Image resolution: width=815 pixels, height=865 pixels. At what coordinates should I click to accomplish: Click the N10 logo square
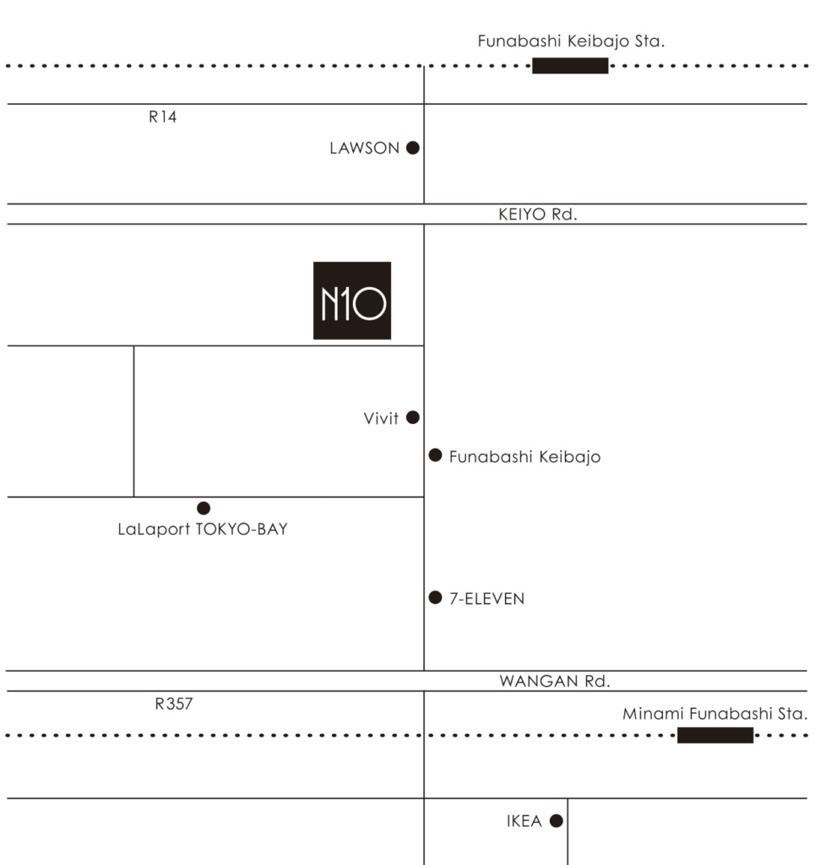coord(352,300)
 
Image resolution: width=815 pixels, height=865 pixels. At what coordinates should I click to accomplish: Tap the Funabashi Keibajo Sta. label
coord(571,41)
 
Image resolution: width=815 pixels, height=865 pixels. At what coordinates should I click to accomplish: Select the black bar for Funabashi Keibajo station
coord(570,66)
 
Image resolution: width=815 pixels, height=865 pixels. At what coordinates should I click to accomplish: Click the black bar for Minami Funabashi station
coord(715,736)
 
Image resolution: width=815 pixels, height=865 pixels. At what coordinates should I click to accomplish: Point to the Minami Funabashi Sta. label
coord(714,713)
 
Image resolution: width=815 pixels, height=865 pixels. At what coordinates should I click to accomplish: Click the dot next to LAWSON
coord(412,148)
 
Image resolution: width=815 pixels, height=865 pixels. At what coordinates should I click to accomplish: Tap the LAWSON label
coord(364,148)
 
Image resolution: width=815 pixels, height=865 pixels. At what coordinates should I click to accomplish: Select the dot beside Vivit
coord(412,417)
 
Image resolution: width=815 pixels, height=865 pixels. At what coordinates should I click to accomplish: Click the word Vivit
coord(381,418)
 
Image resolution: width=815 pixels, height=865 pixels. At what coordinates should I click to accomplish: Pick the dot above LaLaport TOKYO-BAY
coord(204,508)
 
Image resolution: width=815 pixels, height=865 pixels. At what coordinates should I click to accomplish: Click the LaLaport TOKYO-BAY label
coord(203,529)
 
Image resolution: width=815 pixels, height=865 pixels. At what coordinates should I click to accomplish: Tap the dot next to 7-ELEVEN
coord(435,597)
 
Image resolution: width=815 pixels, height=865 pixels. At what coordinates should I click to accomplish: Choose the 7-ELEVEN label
coord(487,599)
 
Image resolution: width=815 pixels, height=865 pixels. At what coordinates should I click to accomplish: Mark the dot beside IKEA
coord(557,821)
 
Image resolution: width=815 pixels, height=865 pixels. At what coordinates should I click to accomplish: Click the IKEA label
coord(524,821)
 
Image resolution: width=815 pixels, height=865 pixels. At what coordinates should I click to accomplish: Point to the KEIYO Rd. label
coord(538,214)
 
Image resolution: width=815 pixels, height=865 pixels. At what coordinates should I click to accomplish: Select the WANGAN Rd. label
coord(555,681)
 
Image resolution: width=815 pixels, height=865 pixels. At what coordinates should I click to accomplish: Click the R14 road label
coord(163,117)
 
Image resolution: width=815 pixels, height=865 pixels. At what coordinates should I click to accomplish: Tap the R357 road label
coord(174,704)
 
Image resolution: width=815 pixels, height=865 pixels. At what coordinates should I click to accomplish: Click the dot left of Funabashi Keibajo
coord(435,455)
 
